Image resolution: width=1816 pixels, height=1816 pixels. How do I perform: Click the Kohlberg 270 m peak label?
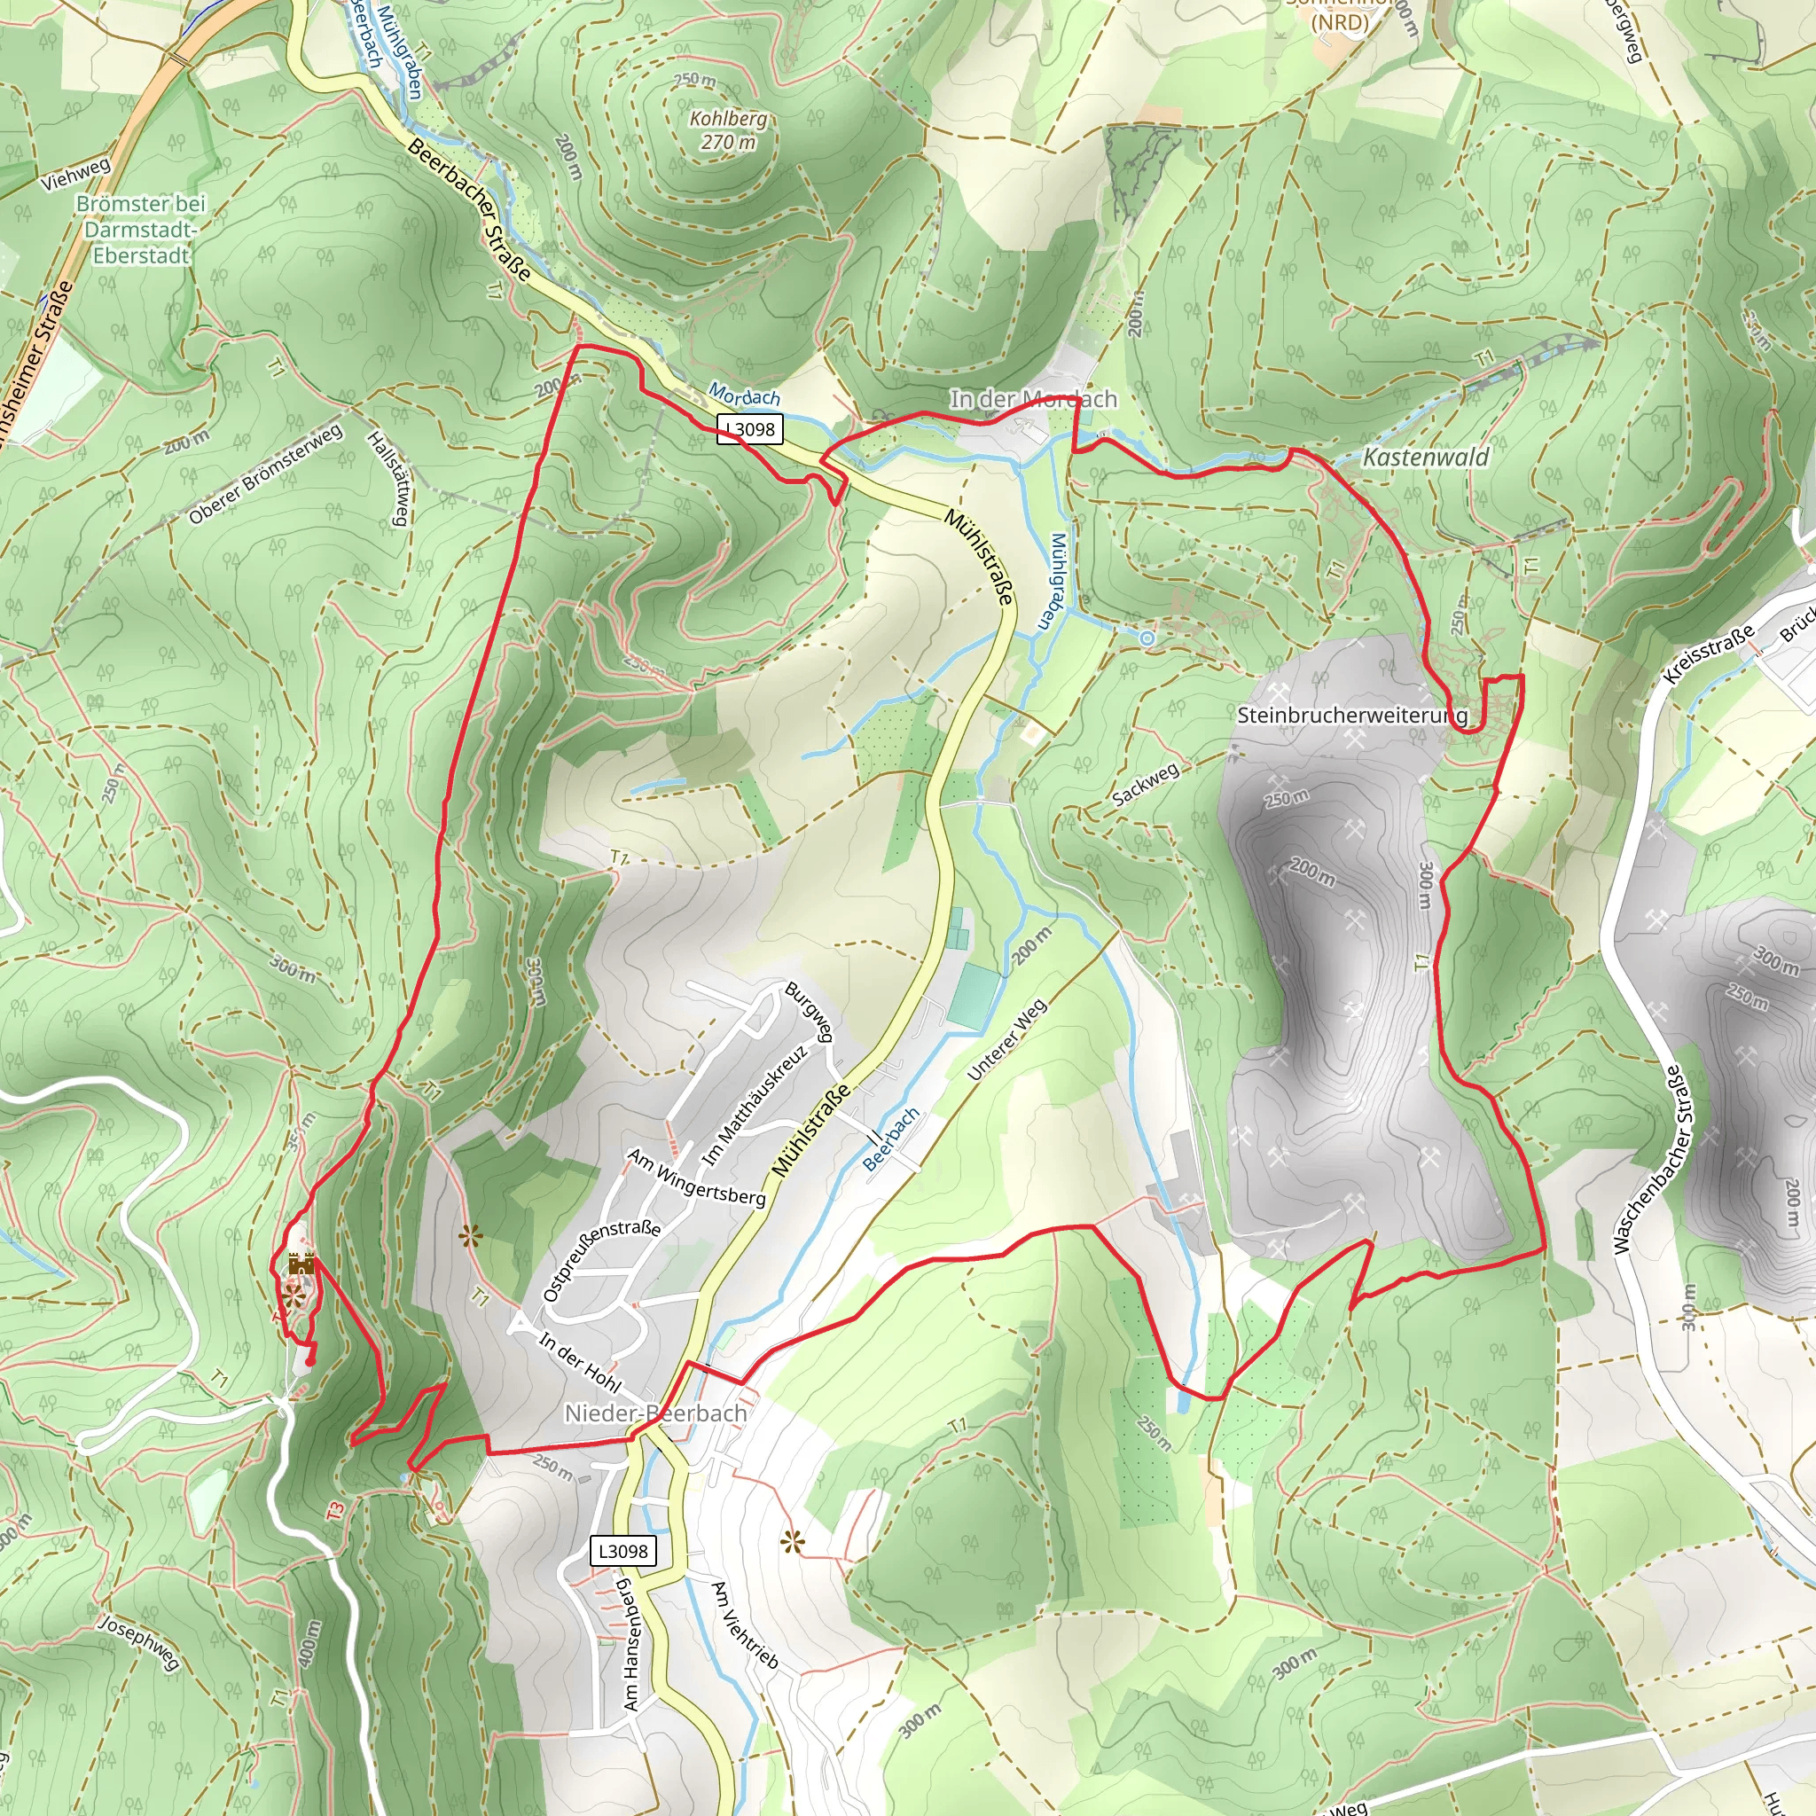coord(727,130)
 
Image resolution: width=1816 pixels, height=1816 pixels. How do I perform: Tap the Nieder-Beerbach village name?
coord(655,1413)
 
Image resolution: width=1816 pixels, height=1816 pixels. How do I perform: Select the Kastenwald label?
coord(1426,458)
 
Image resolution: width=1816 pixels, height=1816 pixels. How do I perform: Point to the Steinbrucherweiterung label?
coord(1351,716)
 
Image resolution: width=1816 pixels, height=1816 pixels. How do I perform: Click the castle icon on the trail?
coord(301,1264)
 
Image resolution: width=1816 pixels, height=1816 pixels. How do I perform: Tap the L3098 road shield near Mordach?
coord(749,429)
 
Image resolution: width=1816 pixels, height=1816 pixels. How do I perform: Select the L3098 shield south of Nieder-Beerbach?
coord(622,1551)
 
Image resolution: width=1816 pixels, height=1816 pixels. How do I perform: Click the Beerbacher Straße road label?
coord(469,209)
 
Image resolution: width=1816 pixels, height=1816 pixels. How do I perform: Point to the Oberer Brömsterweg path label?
coord(265,474)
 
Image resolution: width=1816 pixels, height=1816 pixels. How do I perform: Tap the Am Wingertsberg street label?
coord(696,1177)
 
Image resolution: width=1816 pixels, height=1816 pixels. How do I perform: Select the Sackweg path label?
coord(1145,784)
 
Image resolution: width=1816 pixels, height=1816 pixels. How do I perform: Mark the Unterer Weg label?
coord(1006,1039)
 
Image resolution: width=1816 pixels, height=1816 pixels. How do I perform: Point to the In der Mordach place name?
coord(1033,400)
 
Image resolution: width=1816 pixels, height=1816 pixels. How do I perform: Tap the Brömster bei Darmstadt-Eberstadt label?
coord(141,230)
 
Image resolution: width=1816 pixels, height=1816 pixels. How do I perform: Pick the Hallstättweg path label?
coord(389,480)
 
